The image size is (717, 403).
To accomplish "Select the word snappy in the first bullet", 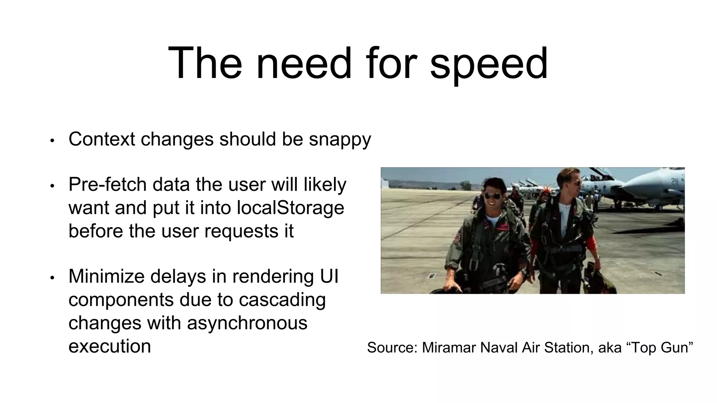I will [340, 140].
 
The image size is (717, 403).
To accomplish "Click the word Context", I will [102, 139].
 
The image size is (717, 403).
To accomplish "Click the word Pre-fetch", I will [107, 185].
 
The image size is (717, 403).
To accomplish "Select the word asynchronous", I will [247, 323].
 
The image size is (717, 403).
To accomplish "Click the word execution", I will [110, 346].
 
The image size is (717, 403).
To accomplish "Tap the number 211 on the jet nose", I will [674, 181].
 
